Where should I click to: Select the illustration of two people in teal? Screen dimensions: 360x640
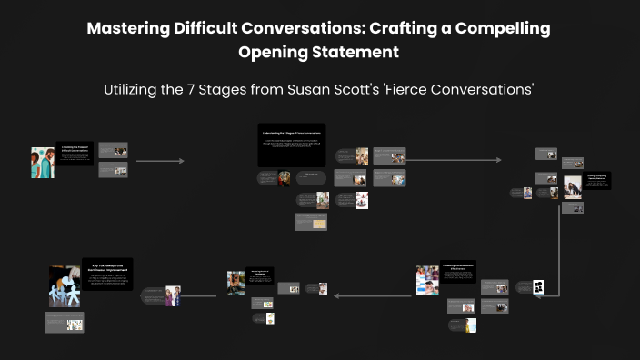pos(42,161)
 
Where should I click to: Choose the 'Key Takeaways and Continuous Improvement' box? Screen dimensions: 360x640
pos(107,275)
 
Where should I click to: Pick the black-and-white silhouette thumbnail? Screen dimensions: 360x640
pos(538,286)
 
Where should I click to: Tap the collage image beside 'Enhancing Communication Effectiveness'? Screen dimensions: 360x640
pos(426,280)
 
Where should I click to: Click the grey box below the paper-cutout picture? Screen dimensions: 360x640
pos(65,322)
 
